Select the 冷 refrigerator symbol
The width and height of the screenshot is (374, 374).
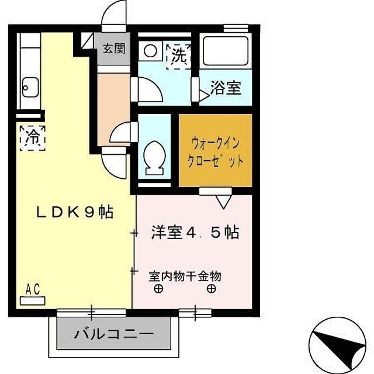(x=33, y=138)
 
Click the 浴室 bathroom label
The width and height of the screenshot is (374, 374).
(x=225, y=89)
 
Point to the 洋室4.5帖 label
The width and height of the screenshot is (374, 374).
(x=195, y=233)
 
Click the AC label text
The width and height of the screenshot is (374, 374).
(x=33, y=288)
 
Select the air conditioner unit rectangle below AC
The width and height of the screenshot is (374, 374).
(x=33, y=300)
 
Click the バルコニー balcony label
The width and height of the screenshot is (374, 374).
(x=114, y=335)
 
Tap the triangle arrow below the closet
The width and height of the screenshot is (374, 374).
(x=223, y=202)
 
